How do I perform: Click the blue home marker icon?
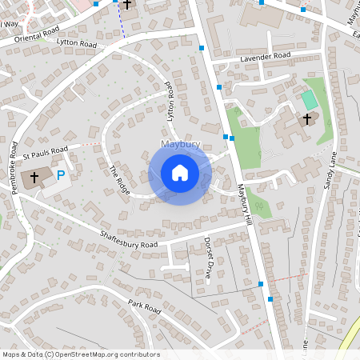coord(180,172)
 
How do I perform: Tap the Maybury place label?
coord(179,145)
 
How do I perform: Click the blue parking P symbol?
coord(60,174)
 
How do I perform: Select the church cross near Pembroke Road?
coord(34,177)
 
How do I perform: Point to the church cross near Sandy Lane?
coord(306,119)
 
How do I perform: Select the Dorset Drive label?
coord(207,257)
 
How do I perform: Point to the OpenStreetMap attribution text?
coord(80,354)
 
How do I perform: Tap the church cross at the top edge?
coord(126,5)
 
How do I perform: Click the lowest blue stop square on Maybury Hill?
coord(271,298)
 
